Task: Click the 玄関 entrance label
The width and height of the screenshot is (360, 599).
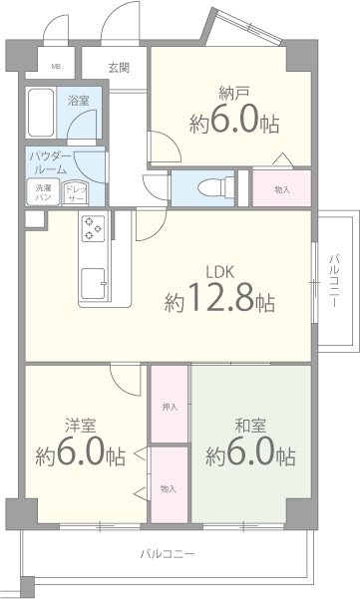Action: coord(119,68)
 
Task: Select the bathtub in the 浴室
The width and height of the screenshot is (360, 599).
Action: coord(42,116)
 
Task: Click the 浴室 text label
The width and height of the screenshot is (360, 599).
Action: coord(79,101)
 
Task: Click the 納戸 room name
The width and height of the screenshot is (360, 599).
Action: coord(234,94)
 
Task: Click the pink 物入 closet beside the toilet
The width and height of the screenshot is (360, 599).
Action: coord(281,187)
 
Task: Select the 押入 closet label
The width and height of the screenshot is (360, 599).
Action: coord(169,408)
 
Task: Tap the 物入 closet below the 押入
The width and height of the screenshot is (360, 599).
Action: coord(169,488)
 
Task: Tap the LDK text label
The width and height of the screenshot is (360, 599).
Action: coord(222,270)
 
